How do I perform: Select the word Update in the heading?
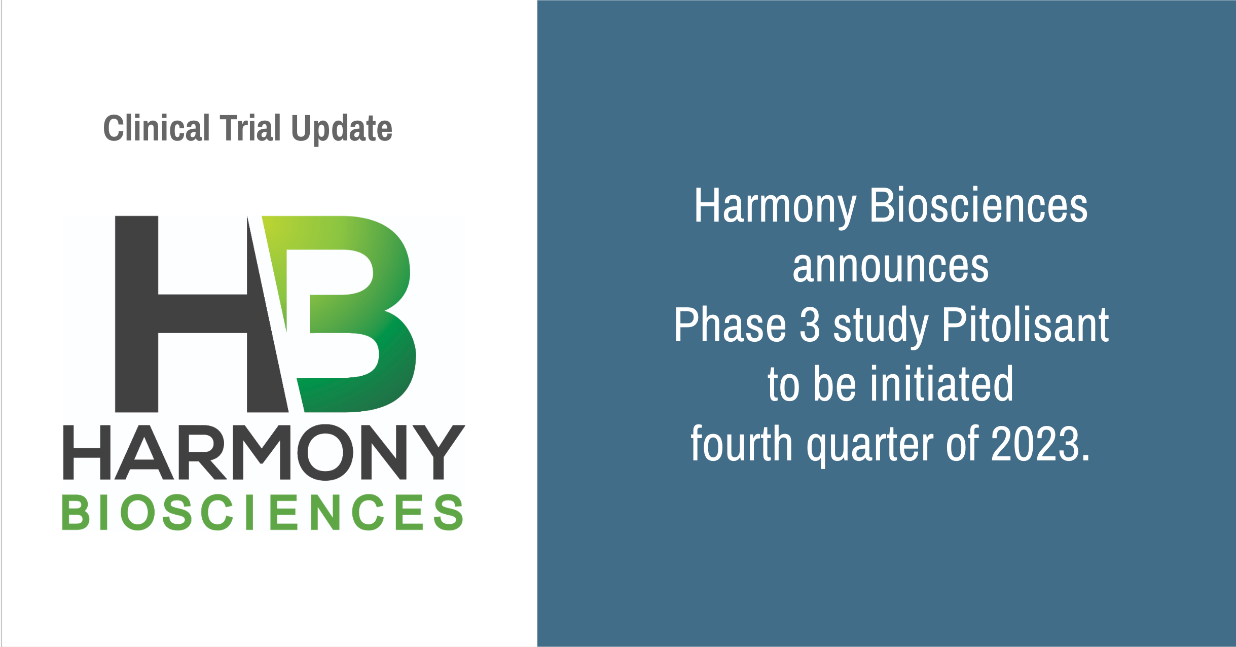coord(342,129)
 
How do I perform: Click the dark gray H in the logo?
coord(201,314)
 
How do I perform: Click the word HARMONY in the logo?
coord(264,452)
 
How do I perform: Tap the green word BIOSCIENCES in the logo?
coord(263,512)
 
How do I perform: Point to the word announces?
coord(891,267)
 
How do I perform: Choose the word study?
coord(881,328)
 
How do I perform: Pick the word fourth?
coord(742,443)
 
